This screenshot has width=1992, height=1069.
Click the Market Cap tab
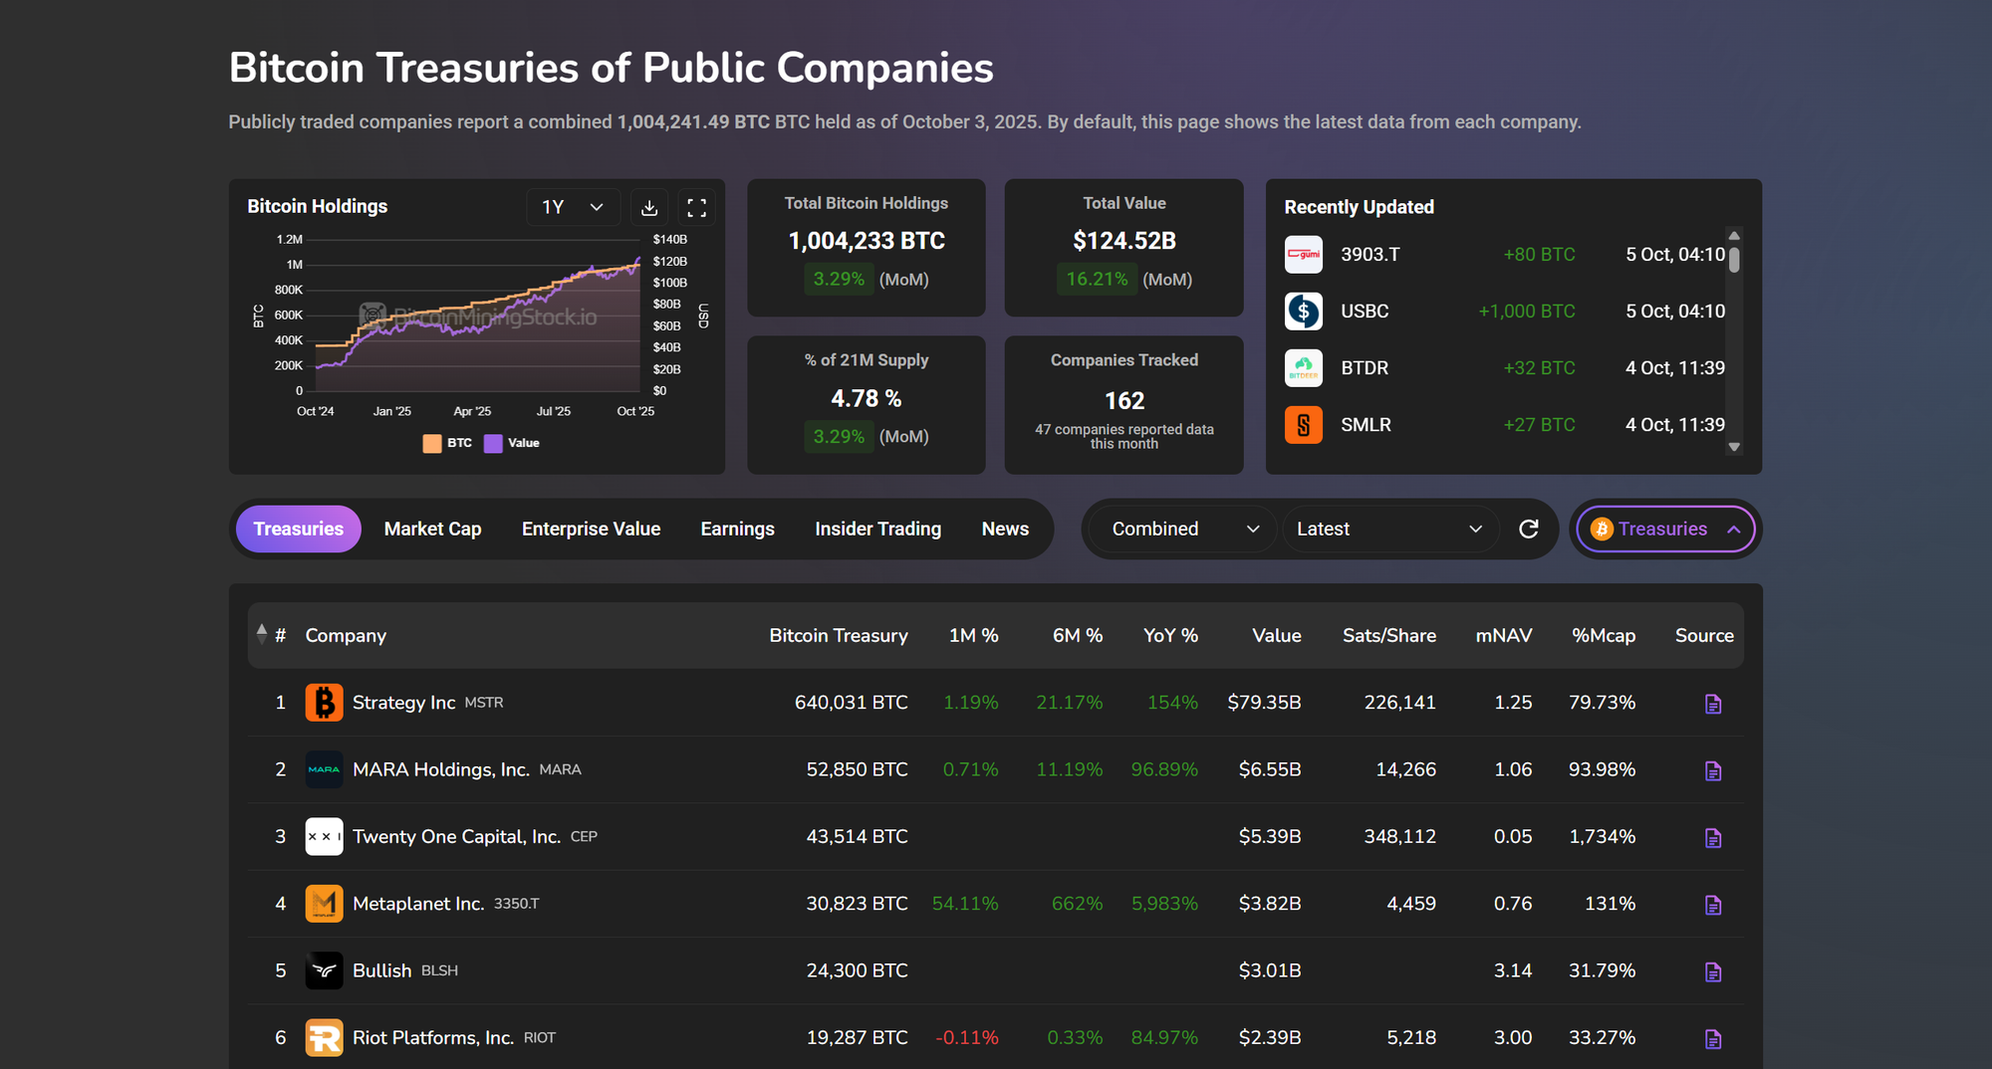[x=432, y=529]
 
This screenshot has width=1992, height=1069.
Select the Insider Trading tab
[x=877, y=529]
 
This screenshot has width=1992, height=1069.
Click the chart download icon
[x=649, y=207]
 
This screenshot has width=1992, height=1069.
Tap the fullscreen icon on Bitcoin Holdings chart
[x=697, y=207]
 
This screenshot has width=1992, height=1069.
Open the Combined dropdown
[x=1184, y=529]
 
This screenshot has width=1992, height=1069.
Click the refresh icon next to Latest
[x=1528, y=529]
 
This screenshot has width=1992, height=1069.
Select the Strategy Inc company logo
[x=324, y=703]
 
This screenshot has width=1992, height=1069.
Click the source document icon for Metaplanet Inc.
[x=1712, y=905]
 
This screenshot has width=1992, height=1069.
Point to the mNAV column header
[x=1503, y=635]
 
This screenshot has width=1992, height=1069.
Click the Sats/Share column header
[x=1388, y=635]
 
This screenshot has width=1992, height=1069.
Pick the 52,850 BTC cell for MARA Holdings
[x=857, y=769]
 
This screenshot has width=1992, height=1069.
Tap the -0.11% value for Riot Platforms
[x=966, y=1037]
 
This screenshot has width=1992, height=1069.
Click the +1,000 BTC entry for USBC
[x=1526, y=312]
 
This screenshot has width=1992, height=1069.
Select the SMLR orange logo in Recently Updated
[x=1303, y=425]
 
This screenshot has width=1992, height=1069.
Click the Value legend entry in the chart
[x=513, y=443]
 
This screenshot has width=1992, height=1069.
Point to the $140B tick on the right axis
[x=669, y=239]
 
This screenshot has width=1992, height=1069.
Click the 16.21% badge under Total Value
[x=1097, y=280]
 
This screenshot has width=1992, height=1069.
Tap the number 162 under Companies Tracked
[x=1123, y=400]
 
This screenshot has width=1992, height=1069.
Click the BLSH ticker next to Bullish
[x=439, y=970]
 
